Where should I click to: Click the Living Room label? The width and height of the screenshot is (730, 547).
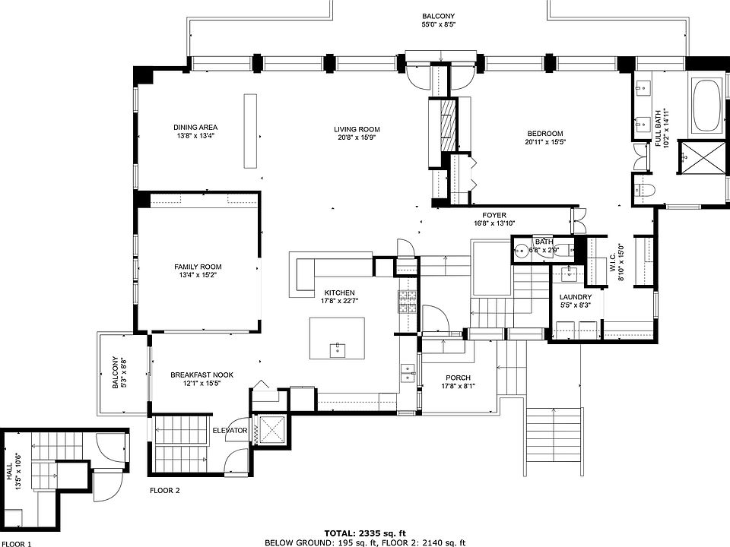[x=357, y=129]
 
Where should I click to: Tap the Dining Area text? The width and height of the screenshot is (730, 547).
[x=195, y=128]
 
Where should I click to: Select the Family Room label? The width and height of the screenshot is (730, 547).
[x=198, y=267]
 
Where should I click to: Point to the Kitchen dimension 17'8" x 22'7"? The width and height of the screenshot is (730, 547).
[x=339, y=301]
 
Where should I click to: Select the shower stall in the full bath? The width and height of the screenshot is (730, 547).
[x=702, y=157]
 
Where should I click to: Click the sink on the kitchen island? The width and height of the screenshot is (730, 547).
[x=337, y=349]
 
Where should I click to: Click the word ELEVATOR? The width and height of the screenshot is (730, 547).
[x=230, y=431]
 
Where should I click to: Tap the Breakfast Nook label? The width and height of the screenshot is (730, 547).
[x=202, y=375]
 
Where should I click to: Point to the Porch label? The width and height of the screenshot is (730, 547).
[x=458, y=378]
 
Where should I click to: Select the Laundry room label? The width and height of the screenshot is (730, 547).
[x=576, y=297]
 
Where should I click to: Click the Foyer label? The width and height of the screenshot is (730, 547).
[x=494, y=215]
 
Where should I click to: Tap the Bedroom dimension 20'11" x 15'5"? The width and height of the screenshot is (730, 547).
[x=545, y=142]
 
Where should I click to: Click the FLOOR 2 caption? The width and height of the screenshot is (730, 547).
[x=165, y=490]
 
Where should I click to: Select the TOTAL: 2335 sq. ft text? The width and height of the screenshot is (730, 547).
[x=365, y=533]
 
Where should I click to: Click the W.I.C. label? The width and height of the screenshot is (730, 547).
[x=613, y=262]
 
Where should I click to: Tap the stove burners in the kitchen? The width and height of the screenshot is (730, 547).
[x=407, y=302]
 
